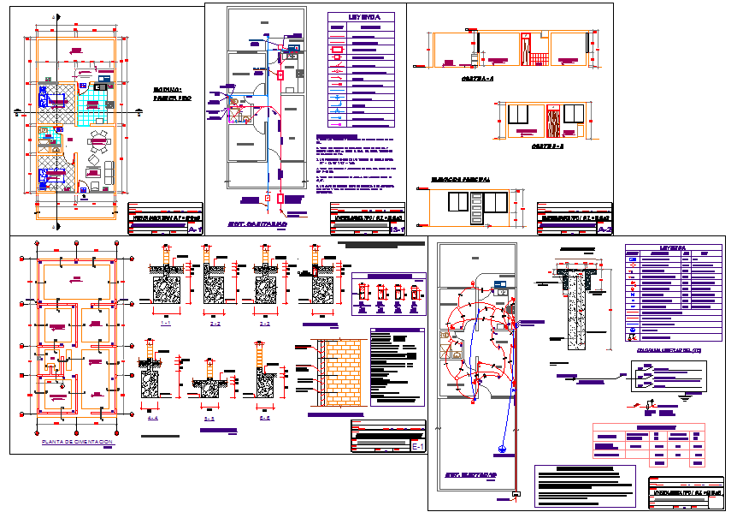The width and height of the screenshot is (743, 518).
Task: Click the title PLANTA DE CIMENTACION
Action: (x=77, y=442)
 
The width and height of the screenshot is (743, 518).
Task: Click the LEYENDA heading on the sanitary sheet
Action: (x=359, y=17)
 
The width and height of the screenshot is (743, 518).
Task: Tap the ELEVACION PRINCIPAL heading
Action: (x=461, y=181)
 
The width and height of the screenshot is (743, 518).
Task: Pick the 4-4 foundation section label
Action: (x=153, y=419)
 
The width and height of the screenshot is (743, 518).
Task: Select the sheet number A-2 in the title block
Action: (x=604, y=229)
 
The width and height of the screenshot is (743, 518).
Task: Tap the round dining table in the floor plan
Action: (x=101, y=142)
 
